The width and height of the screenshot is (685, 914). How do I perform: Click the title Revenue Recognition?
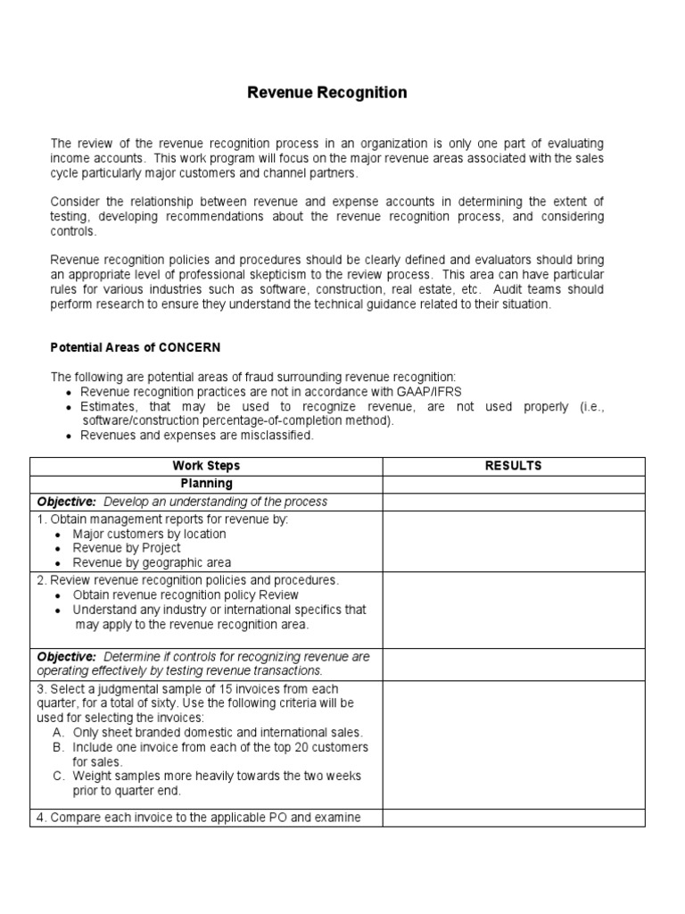tap(326, 93)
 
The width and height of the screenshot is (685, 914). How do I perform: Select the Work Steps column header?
tap(206, 466)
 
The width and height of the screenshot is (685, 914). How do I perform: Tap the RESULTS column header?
tap(513, 466)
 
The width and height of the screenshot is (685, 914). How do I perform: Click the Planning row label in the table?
tap(206, 484)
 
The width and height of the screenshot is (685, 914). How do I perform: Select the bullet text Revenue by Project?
tap(127, 548)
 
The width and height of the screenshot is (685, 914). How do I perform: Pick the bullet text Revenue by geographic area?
tap(152, 563)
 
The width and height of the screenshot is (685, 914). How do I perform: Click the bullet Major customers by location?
tap(149, 534)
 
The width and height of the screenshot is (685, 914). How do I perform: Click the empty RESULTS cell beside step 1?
tap(513, 541)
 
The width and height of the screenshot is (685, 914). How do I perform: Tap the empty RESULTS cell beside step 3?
tap(513, 744)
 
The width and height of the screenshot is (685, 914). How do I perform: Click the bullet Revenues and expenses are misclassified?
tap(196, 436)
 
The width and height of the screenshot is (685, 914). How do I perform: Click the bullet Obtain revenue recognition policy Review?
tap(186, 595)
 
